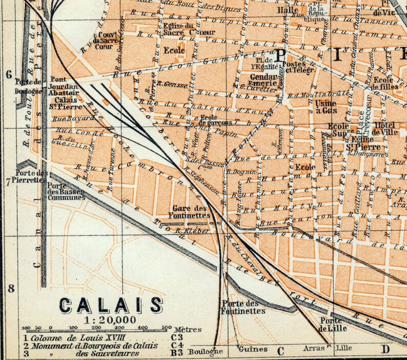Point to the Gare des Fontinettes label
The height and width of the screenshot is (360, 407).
coord(190,212)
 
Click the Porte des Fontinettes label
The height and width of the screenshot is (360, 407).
coord(243,307)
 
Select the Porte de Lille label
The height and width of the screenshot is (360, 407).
coord(332,325)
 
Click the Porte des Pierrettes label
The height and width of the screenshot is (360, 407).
coord(31,177)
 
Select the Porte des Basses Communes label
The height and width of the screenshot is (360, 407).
coord(66,192)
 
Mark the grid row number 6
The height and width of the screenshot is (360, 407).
coord(9,74)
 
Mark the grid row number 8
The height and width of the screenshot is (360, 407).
coord(11,288)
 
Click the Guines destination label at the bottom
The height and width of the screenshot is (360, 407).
coord(253,349)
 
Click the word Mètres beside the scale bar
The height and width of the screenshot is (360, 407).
coord(188,329)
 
